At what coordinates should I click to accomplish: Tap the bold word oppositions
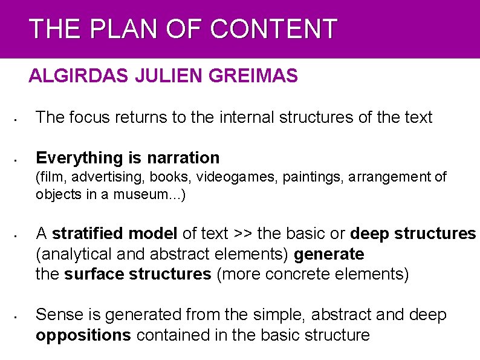pyautogui.click(x=83, y=335)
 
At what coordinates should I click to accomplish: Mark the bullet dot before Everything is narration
pyautogui.click(x=19, y=161)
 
